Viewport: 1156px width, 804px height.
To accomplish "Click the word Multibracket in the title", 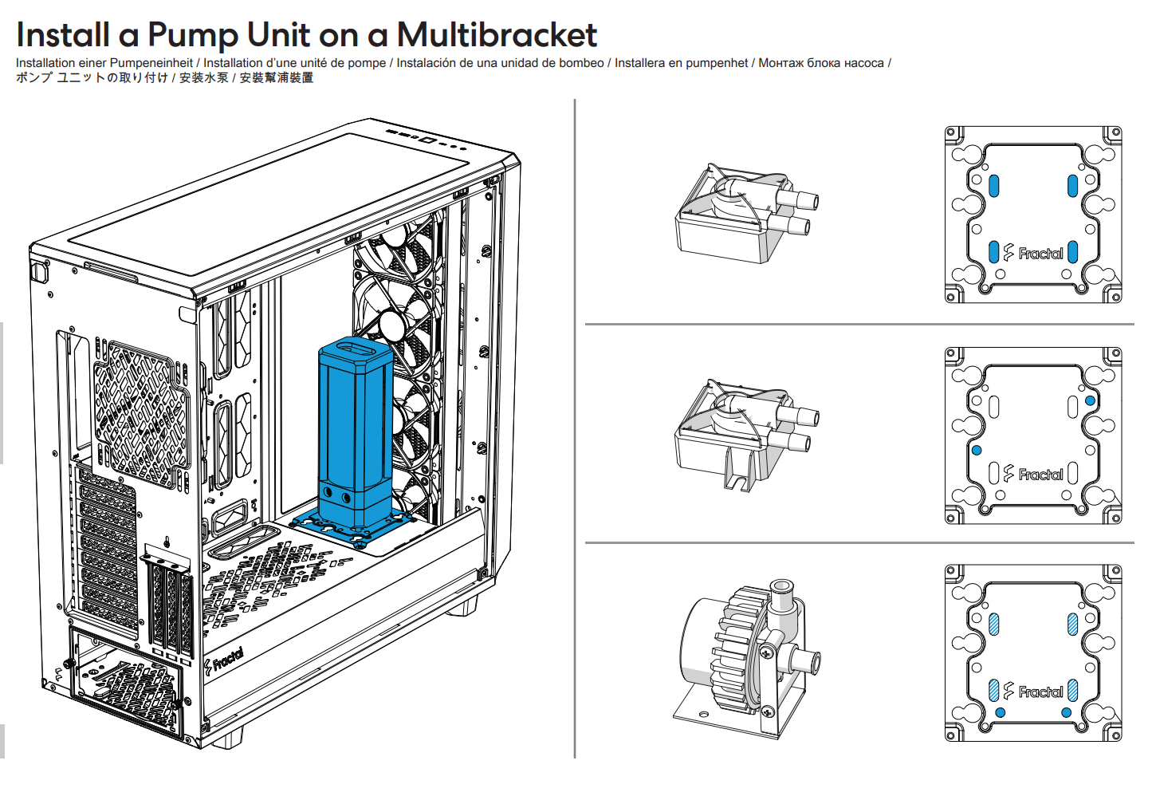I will click(x=497, y=35).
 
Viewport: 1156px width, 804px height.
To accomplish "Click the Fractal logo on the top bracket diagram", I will click(x=1034, y=254).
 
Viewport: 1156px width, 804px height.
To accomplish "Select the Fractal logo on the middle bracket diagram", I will click(x=1034, y=475).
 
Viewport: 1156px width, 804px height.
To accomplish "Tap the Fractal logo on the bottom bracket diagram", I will click(x=1034, y=692).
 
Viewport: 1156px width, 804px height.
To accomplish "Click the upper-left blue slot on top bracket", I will click(x=993, y=186).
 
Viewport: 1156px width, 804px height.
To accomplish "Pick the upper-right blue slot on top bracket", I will click(x=1072, y=186).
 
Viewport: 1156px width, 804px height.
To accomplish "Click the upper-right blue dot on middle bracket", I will click(x=1090, y=400).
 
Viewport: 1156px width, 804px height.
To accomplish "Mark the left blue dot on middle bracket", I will click(x=977, y=451).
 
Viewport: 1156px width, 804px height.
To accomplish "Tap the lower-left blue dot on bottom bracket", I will click(x=1001, y=712).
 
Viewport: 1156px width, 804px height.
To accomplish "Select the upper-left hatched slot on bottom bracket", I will click(x=993, y=624).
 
